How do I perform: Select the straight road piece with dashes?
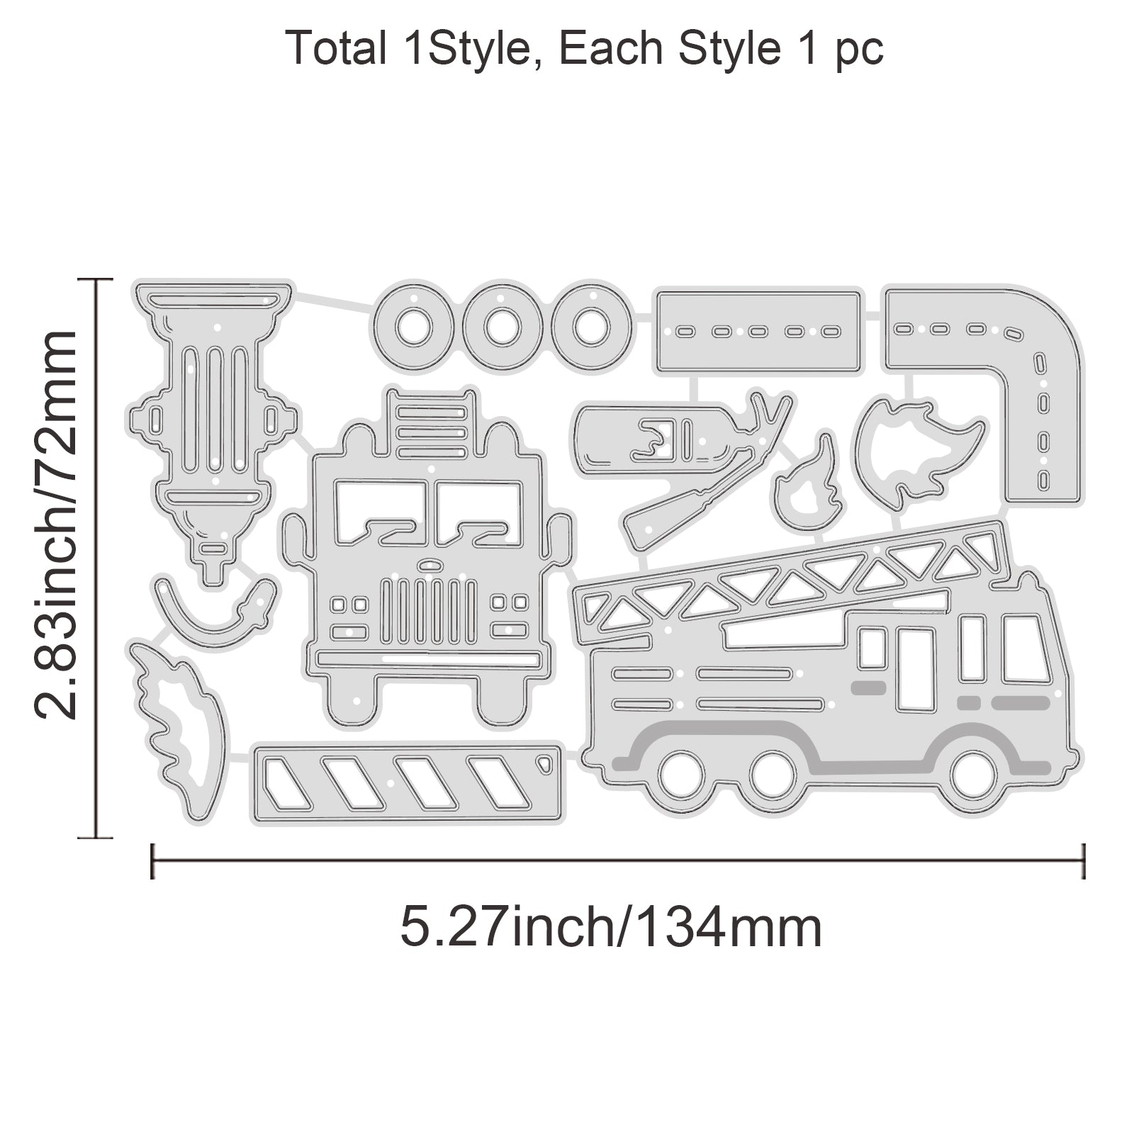pos(758,331)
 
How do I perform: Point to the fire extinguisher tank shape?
pos(652,438)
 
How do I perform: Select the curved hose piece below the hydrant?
pos(213,624)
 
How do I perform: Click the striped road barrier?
pos(408,782)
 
